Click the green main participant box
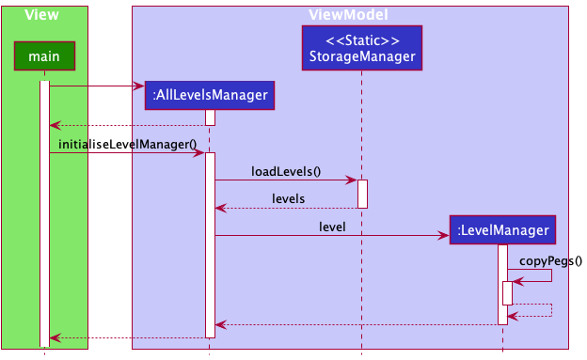point(44,57)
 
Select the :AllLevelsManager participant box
point(210,95)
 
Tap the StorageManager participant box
point(361,48)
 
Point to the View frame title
point(43,15)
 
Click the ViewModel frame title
point(348,15)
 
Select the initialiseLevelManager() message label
point(127,144)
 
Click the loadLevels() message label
point(286,171)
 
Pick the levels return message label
point(288,198)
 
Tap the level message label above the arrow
point(332,227)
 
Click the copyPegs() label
point(550,261)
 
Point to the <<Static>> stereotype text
point(361,40)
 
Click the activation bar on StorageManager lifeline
point(362,194)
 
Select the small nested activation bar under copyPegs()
point(507,292)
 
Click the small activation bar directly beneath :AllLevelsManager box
point(210,117)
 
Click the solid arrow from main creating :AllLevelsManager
point(94,86)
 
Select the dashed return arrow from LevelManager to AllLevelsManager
point(357,324)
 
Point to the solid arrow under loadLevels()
point(286,180)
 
